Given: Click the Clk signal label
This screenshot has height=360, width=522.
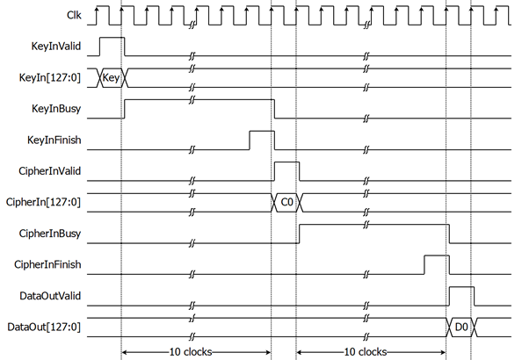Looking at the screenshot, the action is [74, 15].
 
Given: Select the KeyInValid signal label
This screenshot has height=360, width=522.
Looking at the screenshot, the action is [56, 46].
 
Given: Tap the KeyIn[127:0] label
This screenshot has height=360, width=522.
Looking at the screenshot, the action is [50, 78].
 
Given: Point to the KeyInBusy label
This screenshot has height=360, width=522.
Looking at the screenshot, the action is [56, 109].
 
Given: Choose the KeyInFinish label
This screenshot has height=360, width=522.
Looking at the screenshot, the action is [54, 140].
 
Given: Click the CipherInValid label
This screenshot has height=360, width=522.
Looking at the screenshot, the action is [49, 171].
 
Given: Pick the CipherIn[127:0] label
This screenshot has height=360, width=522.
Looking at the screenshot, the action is [43, 202].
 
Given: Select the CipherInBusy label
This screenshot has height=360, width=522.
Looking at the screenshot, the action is [50, 234].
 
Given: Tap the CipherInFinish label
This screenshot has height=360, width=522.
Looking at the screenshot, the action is [47, 264].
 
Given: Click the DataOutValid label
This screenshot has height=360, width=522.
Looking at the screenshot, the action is [50, 296].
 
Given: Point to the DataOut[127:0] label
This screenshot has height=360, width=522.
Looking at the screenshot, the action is [44, 327].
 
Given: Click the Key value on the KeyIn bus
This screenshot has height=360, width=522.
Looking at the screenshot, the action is [111, 78].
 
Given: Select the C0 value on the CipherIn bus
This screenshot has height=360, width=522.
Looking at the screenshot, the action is [287, 202].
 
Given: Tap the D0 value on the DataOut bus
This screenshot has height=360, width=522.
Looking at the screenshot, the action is [461, 327].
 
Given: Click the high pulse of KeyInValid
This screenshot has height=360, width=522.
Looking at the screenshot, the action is [112, 38].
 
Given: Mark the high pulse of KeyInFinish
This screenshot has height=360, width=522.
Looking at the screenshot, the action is [262, 131].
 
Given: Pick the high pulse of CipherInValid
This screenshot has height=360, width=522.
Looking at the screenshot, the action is [287, 162].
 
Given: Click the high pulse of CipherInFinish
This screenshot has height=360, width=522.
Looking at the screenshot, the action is [437, 256].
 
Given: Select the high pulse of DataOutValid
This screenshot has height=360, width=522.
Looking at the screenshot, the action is [461, 287].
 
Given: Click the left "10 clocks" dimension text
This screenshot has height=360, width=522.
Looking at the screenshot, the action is [191, 352].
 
